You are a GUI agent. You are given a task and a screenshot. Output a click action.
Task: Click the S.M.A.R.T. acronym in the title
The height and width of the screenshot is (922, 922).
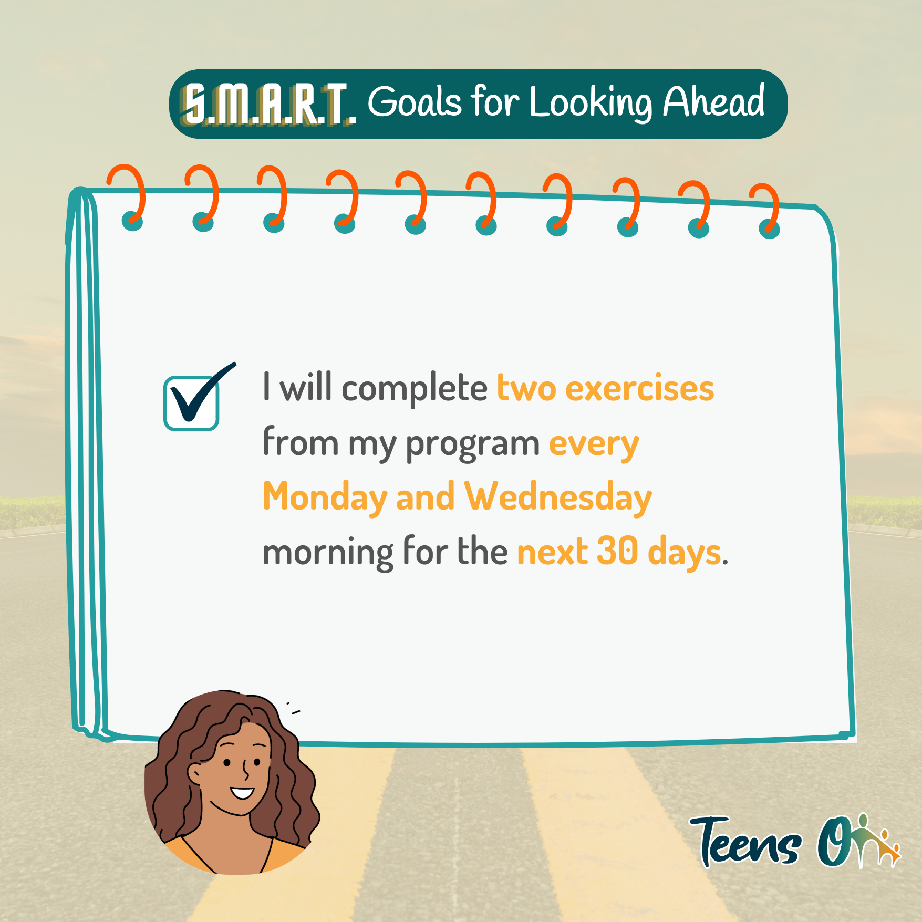(268, 104)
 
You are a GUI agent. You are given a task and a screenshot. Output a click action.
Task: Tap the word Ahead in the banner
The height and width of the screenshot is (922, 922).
(713, 101)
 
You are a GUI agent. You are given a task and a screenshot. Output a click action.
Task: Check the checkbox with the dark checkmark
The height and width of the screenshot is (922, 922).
(191, 403)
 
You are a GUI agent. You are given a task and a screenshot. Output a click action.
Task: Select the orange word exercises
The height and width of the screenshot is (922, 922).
(639, 388)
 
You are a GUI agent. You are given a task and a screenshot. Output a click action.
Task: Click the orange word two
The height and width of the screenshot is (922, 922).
(526, 388)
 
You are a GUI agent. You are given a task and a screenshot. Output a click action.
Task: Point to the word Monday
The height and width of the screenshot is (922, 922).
(325, 497)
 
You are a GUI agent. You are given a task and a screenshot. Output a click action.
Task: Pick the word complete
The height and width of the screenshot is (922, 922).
(415, 389)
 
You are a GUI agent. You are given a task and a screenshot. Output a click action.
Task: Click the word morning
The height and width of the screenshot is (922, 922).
(328, 553)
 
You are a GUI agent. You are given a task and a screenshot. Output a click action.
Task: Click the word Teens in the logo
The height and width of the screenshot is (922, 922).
(747, 842)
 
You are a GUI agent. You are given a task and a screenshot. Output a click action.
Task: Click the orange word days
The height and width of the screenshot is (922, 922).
(684, 553)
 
